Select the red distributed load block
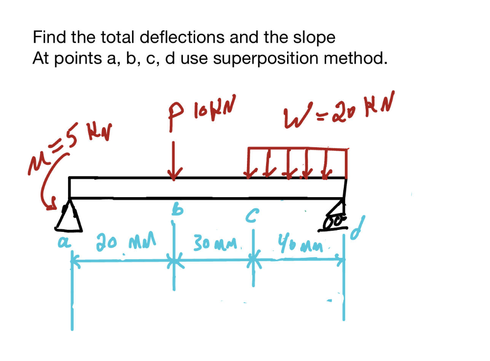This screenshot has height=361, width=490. [297, 161]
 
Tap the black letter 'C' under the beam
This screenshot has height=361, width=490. [253, 215]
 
